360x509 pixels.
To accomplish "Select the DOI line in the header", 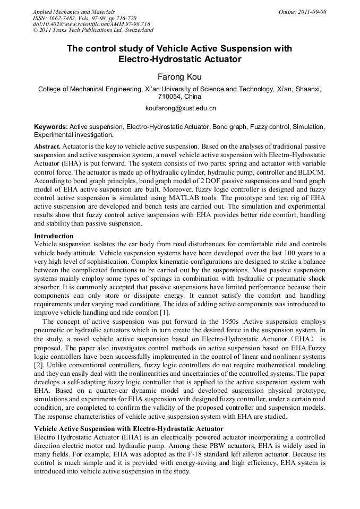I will tap(91, 24).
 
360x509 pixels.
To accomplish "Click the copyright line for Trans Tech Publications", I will tap(93, 30).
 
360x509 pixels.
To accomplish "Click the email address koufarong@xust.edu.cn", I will tap(180, 108).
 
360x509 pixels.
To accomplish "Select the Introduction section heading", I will tap(54, 236).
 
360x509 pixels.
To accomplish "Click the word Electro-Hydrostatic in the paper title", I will tap(157, 59).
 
